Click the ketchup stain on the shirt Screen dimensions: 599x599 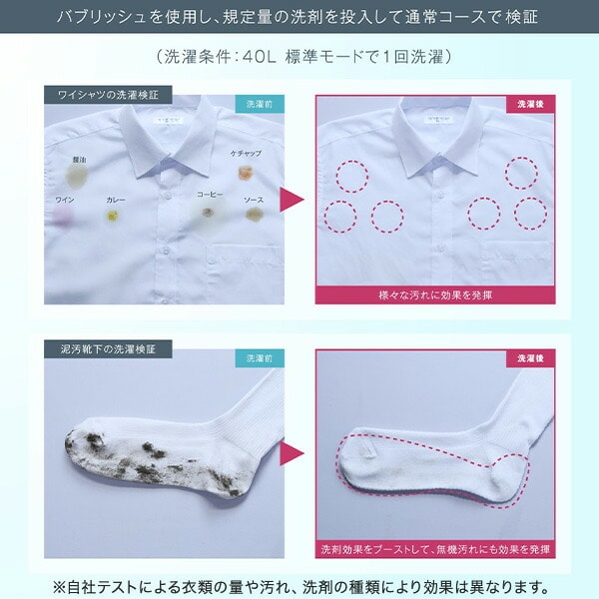pos(244,174)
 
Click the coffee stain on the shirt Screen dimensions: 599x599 pos(209,213)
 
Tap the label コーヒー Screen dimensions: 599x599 pos(210,194)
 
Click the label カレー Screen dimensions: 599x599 pos(115,201)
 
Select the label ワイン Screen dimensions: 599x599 pos(65,201)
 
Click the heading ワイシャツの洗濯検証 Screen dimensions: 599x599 pos(108,95)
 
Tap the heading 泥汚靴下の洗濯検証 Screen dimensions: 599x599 pos(108,349)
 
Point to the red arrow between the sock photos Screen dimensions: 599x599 pos(291,455)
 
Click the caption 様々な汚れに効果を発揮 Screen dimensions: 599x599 pos(434,295)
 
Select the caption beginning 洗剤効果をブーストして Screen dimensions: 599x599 pos(434,549)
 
